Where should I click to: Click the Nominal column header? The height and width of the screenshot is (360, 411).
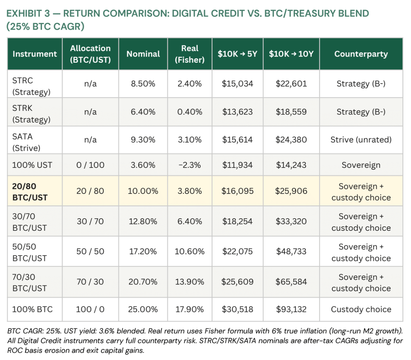pyautogui.click(x=143, y=54)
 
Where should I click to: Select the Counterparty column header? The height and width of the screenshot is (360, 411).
pyautogui.click(x=361, y=54)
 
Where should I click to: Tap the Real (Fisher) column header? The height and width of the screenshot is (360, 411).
pyautogui.click(x=190, y=54)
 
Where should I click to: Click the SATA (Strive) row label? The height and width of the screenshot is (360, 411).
pyautogui.click(x=26, y=142)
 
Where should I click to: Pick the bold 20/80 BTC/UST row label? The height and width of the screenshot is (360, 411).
pyautogui.click(x=30, y=192)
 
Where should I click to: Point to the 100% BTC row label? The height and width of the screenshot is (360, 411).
pyautogui.click(x=32, y=309)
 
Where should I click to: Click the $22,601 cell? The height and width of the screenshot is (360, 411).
pyautogui.click(x=291, y=83)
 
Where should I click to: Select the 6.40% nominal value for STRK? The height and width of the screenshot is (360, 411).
pyautogui.click(x=143, y=112)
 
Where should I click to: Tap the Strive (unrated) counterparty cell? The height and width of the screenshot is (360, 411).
pyautogui.click(x=361, y=140)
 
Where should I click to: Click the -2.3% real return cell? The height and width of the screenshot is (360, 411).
pyautogui.click(x=190, y=165)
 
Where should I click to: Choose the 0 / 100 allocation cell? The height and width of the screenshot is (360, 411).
pyautogui.click(x=90, y=165)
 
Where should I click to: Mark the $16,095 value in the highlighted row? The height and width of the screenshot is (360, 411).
pyautogui.click(x=237, y=191)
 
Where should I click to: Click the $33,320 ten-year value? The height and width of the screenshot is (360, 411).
pyautogui.click(x=291, y=221)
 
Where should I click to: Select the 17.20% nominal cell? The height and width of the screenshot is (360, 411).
pyautogui.click(x=143, y=252)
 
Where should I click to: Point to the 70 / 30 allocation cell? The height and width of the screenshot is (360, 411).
pyautogui.click(x=90, y=282)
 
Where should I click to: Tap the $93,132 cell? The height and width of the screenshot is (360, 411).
pyautogui.click(x=291, y=309)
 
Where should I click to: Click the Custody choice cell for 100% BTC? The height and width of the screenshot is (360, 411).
pyautogui.click(x=361, y=309)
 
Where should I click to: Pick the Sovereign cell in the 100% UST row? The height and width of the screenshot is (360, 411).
pyautogui.click(x=361, y=165)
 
